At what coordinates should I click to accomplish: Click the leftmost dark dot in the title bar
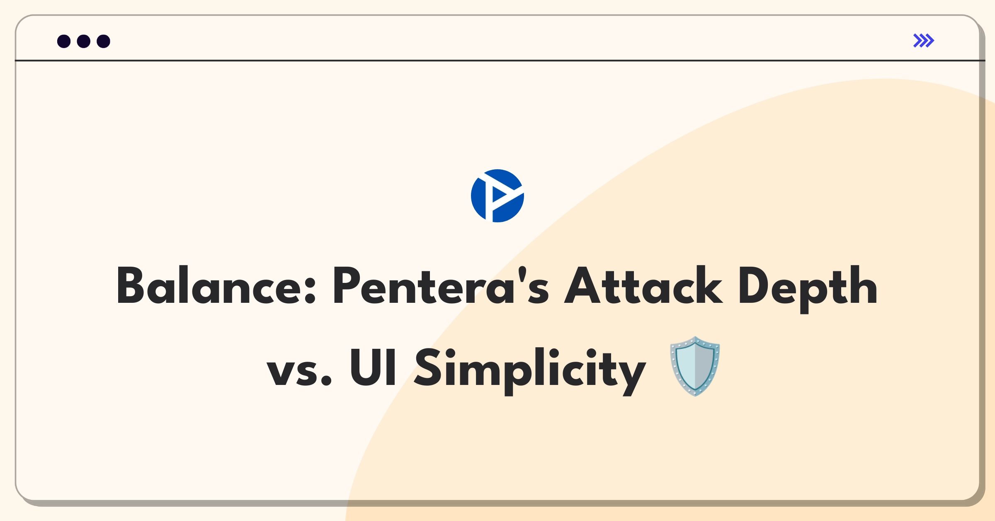(x=64, y=41)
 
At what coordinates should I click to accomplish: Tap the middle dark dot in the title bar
(x=84, y=41)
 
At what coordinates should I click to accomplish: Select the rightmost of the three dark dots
(x=103, y=41)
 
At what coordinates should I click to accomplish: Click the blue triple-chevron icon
(x=923, y=41)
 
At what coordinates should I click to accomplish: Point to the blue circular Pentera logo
(x=498, y=196)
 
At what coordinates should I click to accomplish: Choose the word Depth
(x=808, y=288)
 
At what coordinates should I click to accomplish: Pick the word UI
(x=373, y=367)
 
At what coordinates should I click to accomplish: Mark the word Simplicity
(x=530, y=369)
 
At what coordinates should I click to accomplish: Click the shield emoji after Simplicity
(x=695, y=366)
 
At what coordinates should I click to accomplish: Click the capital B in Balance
(x=130, y=285)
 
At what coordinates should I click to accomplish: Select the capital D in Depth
(x=752, y=285)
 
